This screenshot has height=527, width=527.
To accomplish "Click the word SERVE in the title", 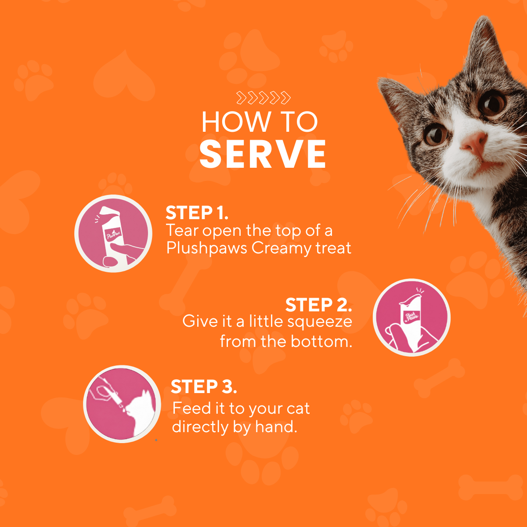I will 263,154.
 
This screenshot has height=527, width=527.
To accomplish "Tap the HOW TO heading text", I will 260,122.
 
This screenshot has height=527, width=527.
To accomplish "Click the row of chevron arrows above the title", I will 263,98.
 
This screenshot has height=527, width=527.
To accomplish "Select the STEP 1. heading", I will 197,213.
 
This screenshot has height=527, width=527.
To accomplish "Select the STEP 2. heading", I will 318,305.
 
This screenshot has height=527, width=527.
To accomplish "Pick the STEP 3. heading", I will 204,387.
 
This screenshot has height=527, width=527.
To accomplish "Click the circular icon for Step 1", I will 113,234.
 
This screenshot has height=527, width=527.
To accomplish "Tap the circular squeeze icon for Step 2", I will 411,318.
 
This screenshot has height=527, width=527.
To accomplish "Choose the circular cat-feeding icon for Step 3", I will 122,404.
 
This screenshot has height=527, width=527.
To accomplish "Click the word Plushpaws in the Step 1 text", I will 207,248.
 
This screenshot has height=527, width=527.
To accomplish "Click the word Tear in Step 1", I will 182,231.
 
